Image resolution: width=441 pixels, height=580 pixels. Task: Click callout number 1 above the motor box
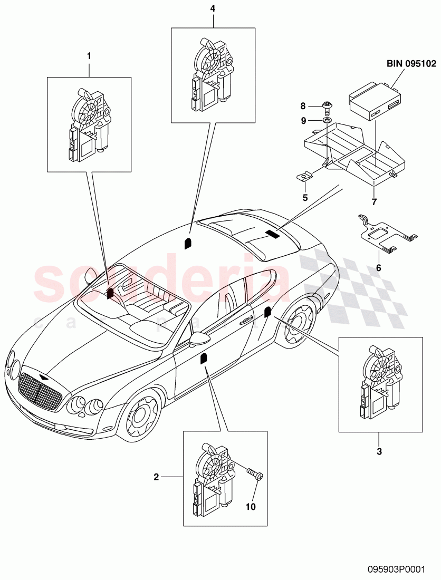coord(89,55)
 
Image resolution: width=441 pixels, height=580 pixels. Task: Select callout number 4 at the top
coord(213,8)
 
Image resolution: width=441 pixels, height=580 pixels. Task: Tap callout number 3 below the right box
coord(378,451)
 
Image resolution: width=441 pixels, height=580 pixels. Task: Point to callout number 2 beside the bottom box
coord(156,477)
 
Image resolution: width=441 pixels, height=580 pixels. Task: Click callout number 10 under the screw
coord(251,507)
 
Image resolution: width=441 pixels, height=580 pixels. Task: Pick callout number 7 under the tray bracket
coord(373,202)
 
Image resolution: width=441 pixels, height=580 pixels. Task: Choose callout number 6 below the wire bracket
coord(378,268)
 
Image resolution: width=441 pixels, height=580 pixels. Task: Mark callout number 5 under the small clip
coord(304,198)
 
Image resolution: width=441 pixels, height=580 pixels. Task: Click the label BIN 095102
coord(410,64)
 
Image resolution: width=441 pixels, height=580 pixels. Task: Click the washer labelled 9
coord(327,121)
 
